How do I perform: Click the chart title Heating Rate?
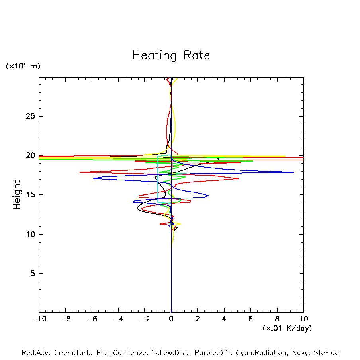[x=171, y=55]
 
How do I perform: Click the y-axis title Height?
[x=17, y=195]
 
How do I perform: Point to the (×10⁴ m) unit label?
[x=23, y=66]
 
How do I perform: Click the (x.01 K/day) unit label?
[x=287, y=328]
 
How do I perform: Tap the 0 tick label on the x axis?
[x=171, y=319]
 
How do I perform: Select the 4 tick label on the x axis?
[x=224, y=319]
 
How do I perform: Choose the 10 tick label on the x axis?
[x=303, y=319]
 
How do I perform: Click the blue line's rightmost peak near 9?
[x=293, y=172]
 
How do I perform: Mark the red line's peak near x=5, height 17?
[x=238, y=178]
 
